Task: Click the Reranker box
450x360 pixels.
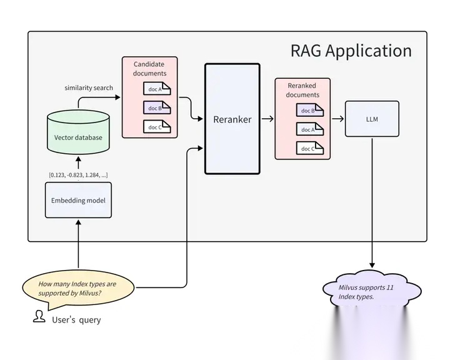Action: (x=232, y=119)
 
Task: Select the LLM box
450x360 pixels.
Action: (x=372, y=119)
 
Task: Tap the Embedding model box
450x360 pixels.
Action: (x=78, y=200)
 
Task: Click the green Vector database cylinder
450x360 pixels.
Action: (x=78, y=132)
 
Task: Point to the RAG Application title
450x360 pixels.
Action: (x=351, y=51)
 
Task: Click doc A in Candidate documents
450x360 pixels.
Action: (x=157, y=89)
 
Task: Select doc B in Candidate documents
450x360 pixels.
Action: (x=157, y=107)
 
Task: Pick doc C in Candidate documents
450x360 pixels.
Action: (x=157, y=127)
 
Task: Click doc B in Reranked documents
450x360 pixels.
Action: (x=310, y=110)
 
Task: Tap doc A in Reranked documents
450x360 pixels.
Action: (x=310, y=129)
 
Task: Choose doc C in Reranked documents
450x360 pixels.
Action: (x=310, y=148)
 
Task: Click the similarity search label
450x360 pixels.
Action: (x=89, y=88)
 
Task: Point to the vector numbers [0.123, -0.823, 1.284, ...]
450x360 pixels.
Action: (x=78, y=175)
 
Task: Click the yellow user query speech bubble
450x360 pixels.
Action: (x=78, y=289)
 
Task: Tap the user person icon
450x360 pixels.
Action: (x=39, y=316)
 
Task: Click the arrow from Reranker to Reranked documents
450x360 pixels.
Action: (x=267, y=119)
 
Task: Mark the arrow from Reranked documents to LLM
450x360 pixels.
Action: (x=337, y=119)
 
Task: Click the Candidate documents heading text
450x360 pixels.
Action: (x=149, y=69)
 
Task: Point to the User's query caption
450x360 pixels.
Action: (x=76, y=320)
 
